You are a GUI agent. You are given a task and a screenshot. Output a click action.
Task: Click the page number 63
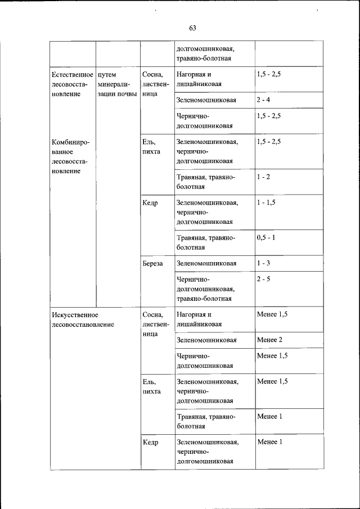tap(192, 28)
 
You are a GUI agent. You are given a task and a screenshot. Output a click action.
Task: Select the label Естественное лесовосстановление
tap(71, 84)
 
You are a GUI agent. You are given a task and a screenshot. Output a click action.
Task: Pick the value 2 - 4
tap(263, 100)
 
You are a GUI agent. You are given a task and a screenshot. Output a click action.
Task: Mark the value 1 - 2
tap(263, 177)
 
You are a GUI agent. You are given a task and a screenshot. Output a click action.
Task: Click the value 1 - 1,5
tap(265, 202)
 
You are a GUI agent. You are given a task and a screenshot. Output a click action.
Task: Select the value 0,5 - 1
tap(265, 237)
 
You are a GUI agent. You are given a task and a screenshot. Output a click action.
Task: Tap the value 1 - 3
tap(263, 263)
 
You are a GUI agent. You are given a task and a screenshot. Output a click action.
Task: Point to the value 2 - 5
tap(263, 279)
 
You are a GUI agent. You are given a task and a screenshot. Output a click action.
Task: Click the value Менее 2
tap(269, 340)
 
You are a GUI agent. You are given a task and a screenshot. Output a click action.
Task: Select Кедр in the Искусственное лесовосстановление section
tap(151, 442)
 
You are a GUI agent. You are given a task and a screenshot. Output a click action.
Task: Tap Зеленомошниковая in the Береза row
tap(206, 263)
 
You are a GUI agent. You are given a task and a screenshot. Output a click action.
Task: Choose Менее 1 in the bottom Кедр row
tap(269, 442)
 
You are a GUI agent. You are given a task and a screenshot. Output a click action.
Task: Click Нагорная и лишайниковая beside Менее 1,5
tap(199, 319)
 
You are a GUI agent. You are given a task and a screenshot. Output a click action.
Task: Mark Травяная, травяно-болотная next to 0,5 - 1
tap(205, 242)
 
